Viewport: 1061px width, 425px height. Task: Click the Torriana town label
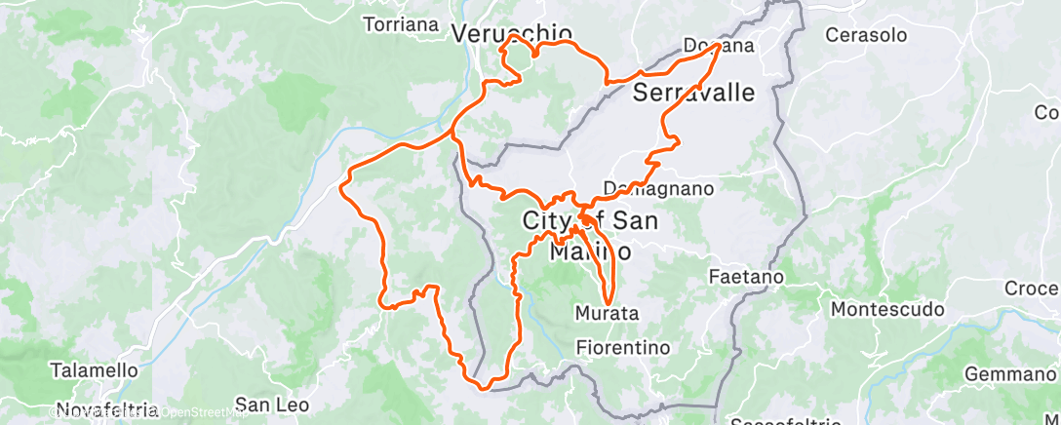point(400,24)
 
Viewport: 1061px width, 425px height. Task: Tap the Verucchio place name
point(511,33)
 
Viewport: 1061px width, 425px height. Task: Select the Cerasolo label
point(866,35)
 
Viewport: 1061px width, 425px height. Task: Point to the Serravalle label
point(694,93)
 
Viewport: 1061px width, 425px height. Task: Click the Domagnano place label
point(659,188)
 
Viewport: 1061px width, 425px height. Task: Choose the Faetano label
point(746,277)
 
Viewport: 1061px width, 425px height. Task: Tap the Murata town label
point(607,314)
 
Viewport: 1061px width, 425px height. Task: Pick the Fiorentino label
point(623,347)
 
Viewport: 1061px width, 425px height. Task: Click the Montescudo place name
point(887,310)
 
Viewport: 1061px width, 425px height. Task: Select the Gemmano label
point(1010,374)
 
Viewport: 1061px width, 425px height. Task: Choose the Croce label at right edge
point(1032,290)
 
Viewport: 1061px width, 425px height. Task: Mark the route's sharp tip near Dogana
point(719,45)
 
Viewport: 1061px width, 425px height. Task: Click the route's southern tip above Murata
point(609,303)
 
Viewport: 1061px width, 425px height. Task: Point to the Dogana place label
point(719,46)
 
